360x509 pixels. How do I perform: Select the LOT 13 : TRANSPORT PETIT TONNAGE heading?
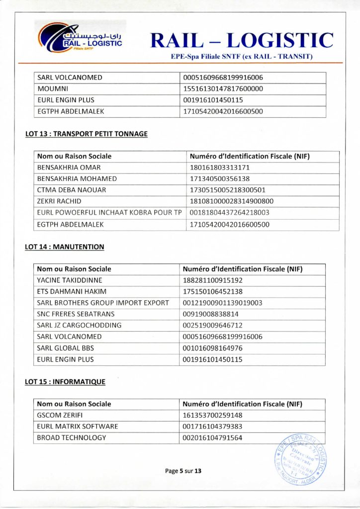point(86,134)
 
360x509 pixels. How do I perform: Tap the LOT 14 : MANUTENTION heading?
point(65,247)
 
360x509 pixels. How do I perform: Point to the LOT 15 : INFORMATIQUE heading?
point(65,382)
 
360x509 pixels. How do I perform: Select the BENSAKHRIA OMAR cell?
point(69,168)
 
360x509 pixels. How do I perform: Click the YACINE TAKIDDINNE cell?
point(70,280)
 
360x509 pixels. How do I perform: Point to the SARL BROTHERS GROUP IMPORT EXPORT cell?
point(103,303)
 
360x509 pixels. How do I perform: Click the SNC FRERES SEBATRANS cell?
point(76,314)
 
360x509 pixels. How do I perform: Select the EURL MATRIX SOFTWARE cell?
point(78,426)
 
